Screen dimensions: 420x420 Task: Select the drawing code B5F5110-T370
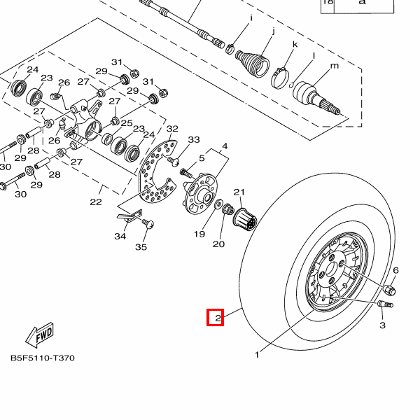42,358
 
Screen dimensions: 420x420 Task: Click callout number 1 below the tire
257,355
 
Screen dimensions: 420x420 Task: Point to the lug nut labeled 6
391,288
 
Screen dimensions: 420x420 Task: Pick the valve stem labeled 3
385,304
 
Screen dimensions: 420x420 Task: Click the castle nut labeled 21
246,220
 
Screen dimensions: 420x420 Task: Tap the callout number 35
141,247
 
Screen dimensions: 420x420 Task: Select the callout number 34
120,237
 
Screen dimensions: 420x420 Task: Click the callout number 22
96,202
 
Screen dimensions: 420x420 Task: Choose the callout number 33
194,140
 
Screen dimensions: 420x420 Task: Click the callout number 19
199,234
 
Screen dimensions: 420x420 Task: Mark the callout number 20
218,244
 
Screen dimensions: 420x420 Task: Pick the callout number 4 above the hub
225,146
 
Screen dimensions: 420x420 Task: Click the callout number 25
127,123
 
